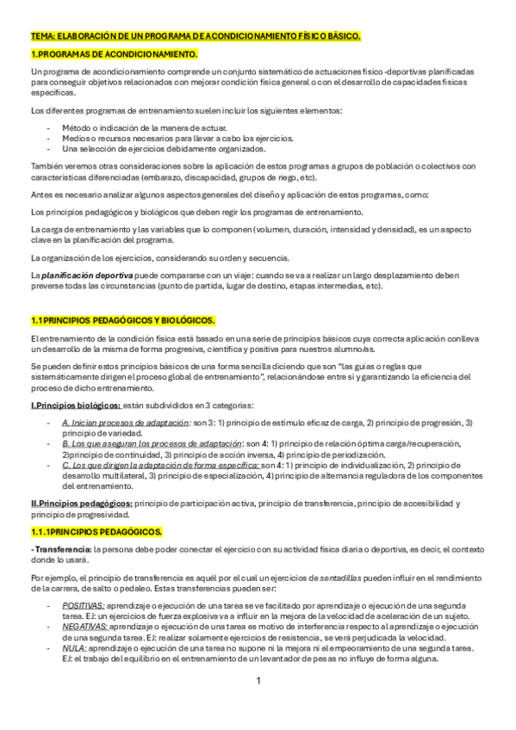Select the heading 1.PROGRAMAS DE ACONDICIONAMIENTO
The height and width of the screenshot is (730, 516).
pos(114,54)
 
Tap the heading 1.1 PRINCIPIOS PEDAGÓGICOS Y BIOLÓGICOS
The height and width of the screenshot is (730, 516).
pos(122,320)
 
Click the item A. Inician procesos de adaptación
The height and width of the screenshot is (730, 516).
pos(126,424)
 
